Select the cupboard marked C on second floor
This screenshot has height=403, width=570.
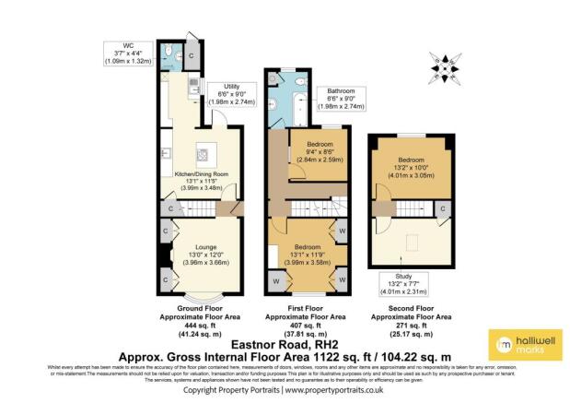442,211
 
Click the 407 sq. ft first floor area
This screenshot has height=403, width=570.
301,324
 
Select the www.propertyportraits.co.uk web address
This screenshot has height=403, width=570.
333,390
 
